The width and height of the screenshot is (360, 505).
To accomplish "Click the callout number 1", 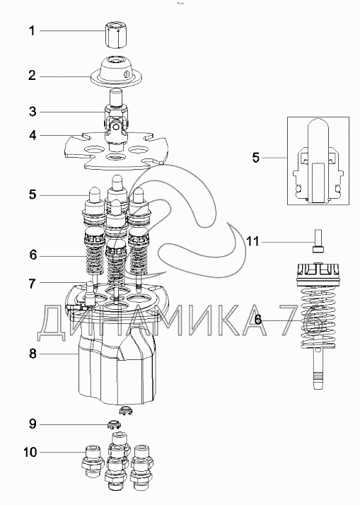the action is (x=32, y=31).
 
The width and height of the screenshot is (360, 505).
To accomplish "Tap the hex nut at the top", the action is (x=115, y=35).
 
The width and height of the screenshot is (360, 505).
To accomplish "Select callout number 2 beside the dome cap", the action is (x=32, y=76).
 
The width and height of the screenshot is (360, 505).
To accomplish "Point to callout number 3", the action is (x=33, y=112).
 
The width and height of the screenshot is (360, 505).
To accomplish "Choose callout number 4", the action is (x=33, y=136).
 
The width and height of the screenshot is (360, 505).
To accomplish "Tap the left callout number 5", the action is (x=33, y=195).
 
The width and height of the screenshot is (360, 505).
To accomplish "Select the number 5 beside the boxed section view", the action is (x=255, y=158).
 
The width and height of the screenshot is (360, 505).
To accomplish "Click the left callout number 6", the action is (x=33, y=255).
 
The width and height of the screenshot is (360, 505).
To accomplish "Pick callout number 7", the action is (x=32, y=284).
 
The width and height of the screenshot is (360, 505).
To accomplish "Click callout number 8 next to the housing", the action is (x=33, y=354).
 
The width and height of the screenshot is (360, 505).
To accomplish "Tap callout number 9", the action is (x=33, y=424).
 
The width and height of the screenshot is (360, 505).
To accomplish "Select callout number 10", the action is (x=30, y=452).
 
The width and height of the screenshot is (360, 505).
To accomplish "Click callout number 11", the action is (x=252, y=241).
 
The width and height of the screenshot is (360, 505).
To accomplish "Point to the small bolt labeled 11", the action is (x=318, y=241).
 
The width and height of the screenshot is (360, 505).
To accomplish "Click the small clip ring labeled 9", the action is (x=113, y=425).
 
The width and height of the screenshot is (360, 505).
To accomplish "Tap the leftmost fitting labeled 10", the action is (x=91, y=461).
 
